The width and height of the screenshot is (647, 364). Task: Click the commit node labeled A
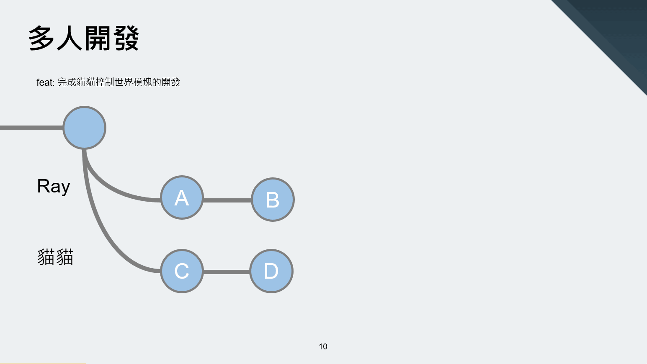coord(182,198)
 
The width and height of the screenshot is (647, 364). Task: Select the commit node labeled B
coord(273,200)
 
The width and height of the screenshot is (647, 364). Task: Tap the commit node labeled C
coord(182,271)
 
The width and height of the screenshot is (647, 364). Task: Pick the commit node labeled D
coord(271,271)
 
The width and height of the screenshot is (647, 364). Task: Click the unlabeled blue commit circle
coord(84,128)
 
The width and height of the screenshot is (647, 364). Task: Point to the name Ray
coord(54,187)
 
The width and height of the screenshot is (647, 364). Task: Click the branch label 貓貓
coord(55,257)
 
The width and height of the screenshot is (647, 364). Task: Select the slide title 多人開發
coord(83,38)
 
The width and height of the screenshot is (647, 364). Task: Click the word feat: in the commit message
coord(45,82)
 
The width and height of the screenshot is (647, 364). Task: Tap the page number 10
coord(323,346)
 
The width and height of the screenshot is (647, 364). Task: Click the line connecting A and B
coord(227,200)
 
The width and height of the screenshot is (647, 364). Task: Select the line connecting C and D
coord(227,272)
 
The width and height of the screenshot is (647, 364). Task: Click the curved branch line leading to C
coord(98,225)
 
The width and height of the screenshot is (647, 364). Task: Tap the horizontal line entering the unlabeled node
coord(31,128)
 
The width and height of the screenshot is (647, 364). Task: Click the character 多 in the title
coord(41,38)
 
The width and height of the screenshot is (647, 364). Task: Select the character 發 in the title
coord(126,38)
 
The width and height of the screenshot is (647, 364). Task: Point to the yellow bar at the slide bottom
coord(43,364)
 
